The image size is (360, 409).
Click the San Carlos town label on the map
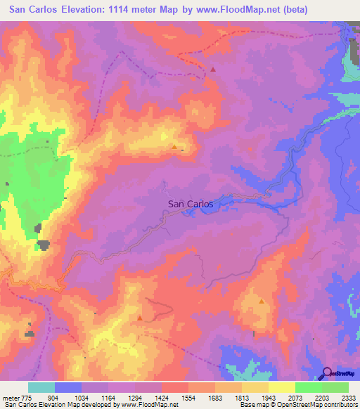(x=190, y=204)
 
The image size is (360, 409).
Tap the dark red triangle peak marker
(x=213, y=70)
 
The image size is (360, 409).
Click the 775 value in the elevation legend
(x=27, y=398)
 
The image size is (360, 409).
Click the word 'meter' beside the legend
(x=10, y=398)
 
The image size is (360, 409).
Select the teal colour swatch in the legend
(x=41, y=387)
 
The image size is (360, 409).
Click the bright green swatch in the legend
(x=309, y=387)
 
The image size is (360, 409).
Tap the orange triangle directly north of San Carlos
(x=174, y=146)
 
